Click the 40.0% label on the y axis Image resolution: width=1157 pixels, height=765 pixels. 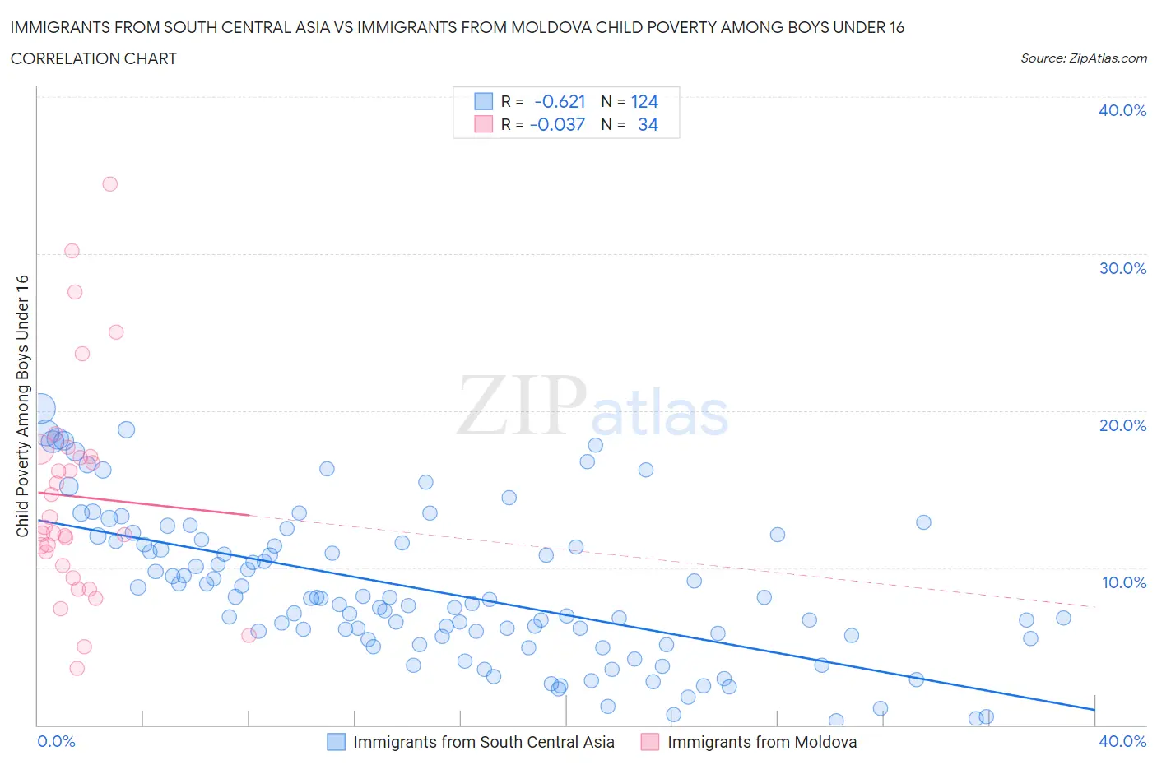click(x=1122, y=110)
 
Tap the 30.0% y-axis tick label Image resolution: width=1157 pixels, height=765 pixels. click(x=1122, y=268)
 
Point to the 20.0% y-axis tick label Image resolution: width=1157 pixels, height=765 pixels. click(x=1122, y=425)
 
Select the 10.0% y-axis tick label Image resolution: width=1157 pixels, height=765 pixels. click(x=1123, y=582)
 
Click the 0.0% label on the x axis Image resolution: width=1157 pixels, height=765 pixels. click(x=56, y=741)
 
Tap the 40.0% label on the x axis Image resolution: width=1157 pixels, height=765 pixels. click(x=1122, y=741)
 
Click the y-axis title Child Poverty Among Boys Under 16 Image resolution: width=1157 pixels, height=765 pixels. click(x=22, y=406)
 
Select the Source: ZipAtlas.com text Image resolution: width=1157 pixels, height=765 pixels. click(x=1083, y=58)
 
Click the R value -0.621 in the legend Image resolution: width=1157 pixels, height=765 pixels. click(x=560, y=102)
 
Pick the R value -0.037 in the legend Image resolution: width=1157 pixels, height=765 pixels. click(x=557, y=125)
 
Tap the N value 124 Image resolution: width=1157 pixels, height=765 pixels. click(x=644, y=102)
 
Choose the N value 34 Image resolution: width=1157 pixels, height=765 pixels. click(x=648, y=125)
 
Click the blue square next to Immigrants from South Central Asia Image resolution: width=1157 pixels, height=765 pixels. click(x=336, y=742)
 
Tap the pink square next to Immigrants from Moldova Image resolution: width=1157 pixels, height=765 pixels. click(x=650, y=742)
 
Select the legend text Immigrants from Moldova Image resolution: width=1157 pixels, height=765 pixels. click(x=761, y=742)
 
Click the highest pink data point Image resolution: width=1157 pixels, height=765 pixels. click(x=109, y=184)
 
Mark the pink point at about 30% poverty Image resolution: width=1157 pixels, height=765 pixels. click(x=72, y=251)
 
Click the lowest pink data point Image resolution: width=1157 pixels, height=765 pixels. click(x=77, y=668)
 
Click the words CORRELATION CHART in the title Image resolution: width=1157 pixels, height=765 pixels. click(x=94, y=58)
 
